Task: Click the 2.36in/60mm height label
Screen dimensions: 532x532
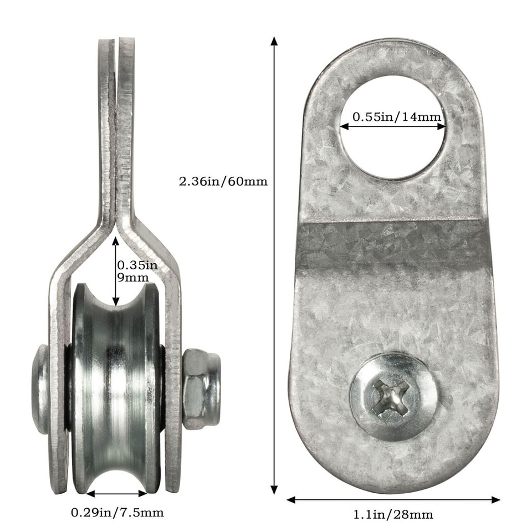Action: [x=223, y=181]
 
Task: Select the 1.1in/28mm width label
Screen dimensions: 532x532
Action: [x=393, y=515]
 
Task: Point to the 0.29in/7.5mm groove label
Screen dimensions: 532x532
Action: [x=117, y=513]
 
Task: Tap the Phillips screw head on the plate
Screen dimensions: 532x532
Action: [x=394, y=396]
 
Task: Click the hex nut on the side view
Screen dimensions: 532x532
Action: [x=201, y=388]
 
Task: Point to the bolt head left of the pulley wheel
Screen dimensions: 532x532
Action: [x=40, y=388]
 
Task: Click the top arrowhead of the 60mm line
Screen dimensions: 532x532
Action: [x=274, y=42]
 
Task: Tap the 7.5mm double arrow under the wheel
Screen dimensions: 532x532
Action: [x=117, y=493]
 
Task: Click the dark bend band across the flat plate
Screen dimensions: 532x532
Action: [x=393, y=244]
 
